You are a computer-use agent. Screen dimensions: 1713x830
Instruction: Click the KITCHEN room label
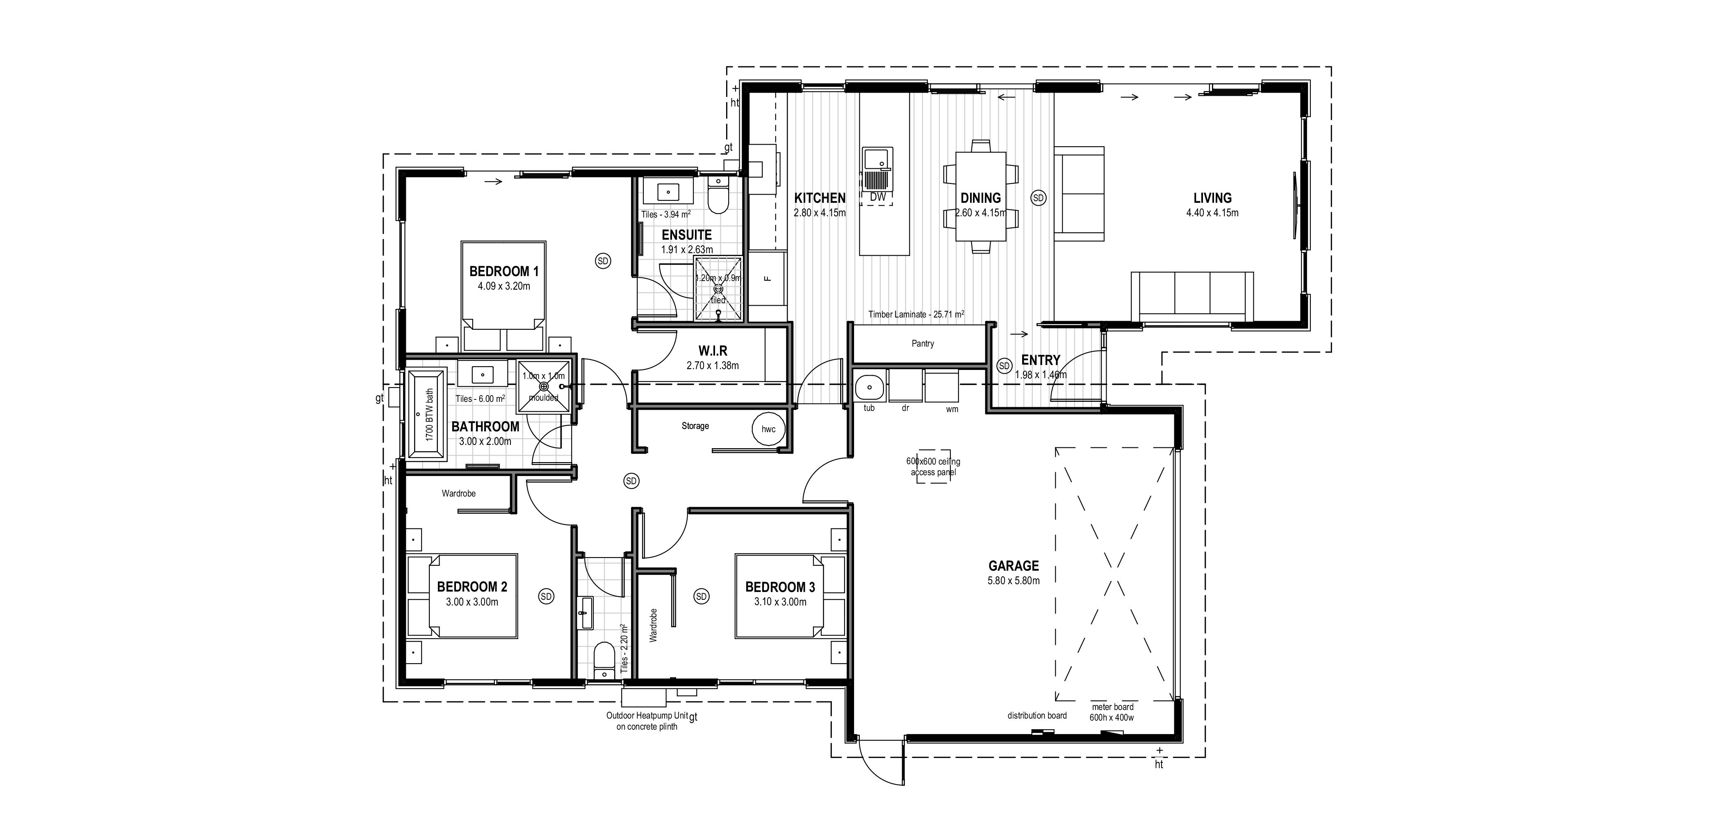tap(820, 197)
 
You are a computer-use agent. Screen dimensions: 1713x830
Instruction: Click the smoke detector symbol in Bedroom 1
tap(603, 261)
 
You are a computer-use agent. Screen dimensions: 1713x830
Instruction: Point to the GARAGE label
tap(1014, 565)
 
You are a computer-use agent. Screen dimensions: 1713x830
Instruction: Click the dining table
tap(981, 197)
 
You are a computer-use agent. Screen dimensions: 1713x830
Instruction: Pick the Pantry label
tap(923, 344)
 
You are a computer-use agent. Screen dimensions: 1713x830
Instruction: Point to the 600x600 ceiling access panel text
tap(933, 467)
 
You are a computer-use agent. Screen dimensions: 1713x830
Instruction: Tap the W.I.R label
tap(712, 351)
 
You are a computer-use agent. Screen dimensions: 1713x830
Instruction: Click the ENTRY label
tap(1041, 360)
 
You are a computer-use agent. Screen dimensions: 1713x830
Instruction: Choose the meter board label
tap(1112, 707)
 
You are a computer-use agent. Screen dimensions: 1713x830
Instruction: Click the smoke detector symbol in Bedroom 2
tap(546, 596)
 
